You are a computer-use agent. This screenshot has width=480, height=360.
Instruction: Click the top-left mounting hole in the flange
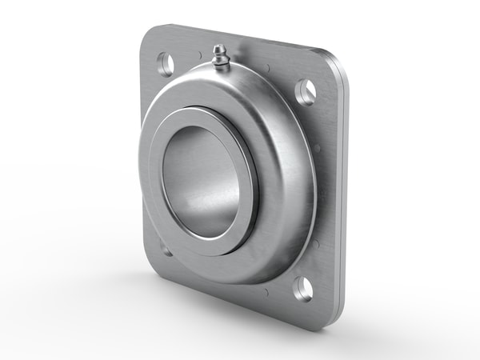click(x=166, y=62)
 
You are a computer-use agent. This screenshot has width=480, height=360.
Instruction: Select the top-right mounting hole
click(x=306, y=93)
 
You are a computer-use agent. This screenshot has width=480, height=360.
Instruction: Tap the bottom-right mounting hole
click(x=302, y=288)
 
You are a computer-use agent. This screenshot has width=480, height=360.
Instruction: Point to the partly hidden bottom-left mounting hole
click(x=166, y=250)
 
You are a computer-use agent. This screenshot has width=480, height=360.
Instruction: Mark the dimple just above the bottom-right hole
click(x=314, y=244)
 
